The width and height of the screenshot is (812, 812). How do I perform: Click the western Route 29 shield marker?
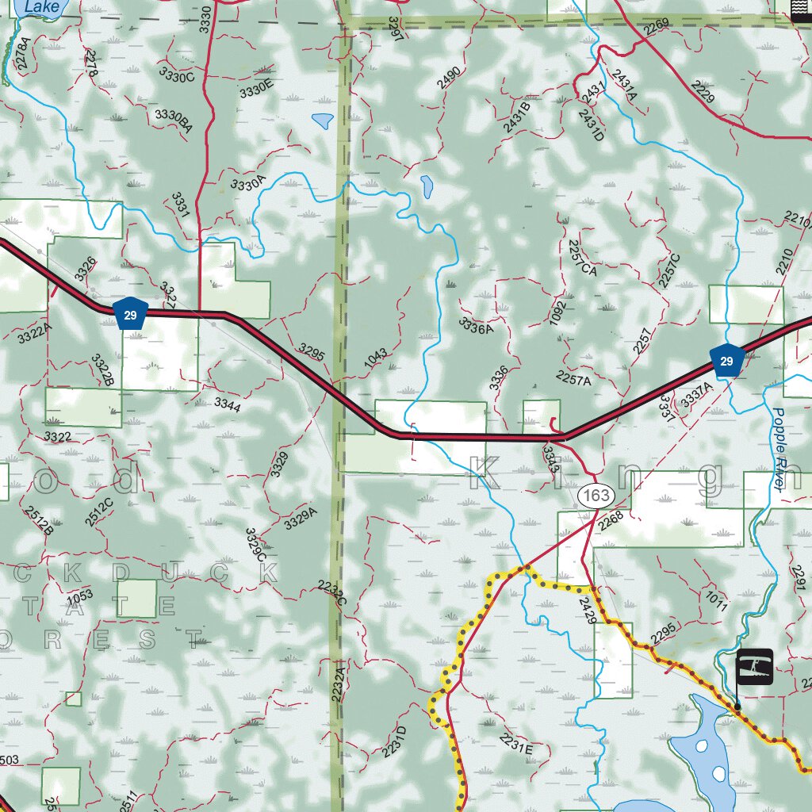[x=130, y=314]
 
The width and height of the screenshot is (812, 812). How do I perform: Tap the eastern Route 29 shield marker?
[x=726, y=361]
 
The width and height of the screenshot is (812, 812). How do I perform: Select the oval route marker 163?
[x=596, y=496]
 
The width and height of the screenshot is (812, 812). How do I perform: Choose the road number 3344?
[x=228, y=404]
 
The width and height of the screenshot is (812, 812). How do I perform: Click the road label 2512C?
[x=99, y=513]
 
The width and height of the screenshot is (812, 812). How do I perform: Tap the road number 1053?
[x=79, y=595]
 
